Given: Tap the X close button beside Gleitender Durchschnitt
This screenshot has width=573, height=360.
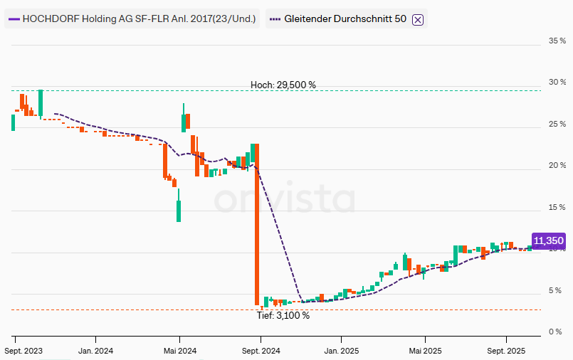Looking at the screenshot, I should coord(418,19).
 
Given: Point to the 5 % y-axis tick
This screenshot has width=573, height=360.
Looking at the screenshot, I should coord(554,291).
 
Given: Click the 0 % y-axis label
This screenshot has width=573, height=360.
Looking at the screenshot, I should coord(554,332).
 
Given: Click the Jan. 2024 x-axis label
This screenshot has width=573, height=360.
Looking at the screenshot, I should coord(95,351).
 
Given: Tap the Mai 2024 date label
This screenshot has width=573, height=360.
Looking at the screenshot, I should coord(179,351).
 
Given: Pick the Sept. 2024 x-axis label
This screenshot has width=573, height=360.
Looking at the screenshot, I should coord(261,351).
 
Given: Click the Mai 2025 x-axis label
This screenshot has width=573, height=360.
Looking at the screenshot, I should coord(425,351).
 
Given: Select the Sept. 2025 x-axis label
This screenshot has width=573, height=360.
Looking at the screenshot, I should coord(506,351).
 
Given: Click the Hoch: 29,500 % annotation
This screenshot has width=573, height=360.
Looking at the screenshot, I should coord(283,85).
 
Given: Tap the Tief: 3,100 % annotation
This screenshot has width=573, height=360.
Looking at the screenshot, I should coord(283,315).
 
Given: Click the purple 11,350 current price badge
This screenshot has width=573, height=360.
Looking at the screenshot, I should coord(548,241).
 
